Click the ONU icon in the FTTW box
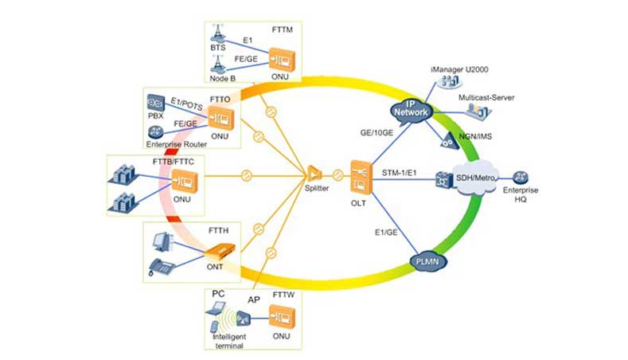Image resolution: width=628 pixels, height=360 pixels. click(281, 319)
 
